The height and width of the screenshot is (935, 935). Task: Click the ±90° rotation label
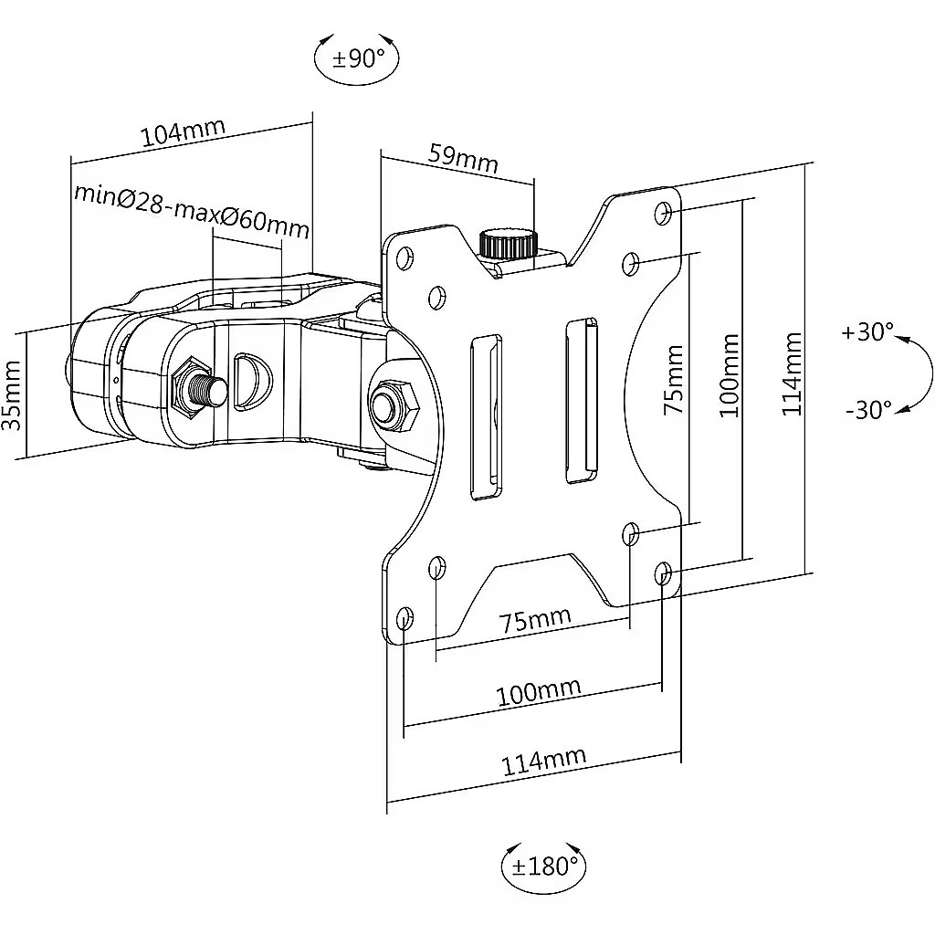tap(358, 58)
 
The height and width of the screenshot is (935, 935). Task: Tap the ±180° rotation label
tap(545, 867)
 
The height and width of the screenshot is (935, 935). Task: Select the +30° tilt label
tap(867, 331)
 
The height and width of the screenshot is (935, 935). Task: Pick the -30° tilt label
tap(868, 410)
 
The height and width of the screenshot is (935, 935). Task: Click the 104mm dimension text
tap(183, 131)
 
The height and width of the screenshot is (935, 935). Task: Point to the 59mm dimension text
tap(463, 157)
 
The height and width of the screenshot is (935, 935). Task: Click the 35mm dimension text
tap(13, 394)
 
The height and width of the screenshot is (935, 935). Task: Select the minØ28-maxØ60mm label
tap(192, 211)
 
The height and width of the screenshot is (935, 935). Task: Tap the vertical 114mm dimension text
tap(792, 373)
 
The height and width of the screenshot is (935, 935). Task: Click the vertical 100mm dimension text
tap(729, 375)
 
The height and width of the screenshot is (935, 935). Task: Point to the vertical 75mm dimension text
tap(673, 379)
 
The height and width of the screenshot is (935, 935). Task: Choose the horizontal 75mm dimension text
tap(535, 620)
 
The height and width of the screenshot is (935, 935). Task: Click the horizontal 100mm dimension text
tap(539, 692)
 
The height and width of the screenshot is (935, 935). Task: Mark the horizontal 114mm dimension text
tap(543, 762)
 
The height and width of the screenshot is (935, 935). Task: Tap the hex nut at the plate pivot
tap(394, 405)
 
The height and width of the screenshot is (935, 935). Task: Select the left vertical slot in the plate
tap(488, 417)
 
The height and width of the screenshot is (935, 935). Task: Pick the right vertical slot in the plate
tap(582, 402)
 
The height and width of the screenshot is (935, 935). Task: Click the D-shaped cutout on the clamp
tap(252, 383)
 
